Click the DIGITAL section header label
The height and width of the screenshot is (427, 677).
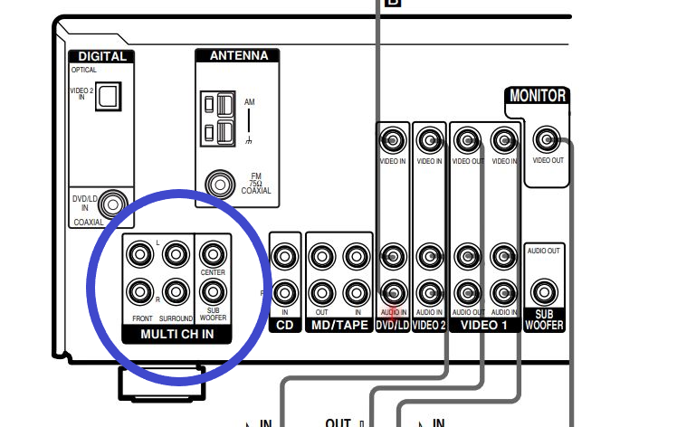(101, 56)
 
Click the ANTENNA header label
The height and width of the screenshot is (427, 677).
(238, 55)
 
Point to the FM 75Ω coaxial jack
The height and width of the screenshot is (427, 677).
(218, 184)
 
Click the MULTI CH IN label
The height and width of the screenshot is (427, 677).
(176, 335)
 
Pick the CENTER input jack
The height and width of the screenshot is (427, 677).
(213, 254)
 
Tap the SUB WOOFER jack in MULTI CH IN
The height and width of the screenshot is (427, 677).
(213, 291)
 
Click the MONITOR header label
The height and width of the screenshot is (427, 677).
(538, 96)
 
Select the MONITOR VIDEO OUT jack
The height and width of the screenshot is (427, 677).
(546, 140)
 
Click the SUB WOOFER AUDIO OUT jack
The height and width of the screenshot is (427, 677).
(544, 292)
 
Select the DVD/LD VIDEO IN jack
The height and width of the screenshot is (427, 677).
(392, 140)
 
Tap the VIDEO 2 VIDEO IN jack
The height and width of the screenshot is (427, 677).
(429, 140)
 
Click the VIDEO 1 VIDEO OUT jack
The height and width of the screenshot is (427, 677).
(467, 140)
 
